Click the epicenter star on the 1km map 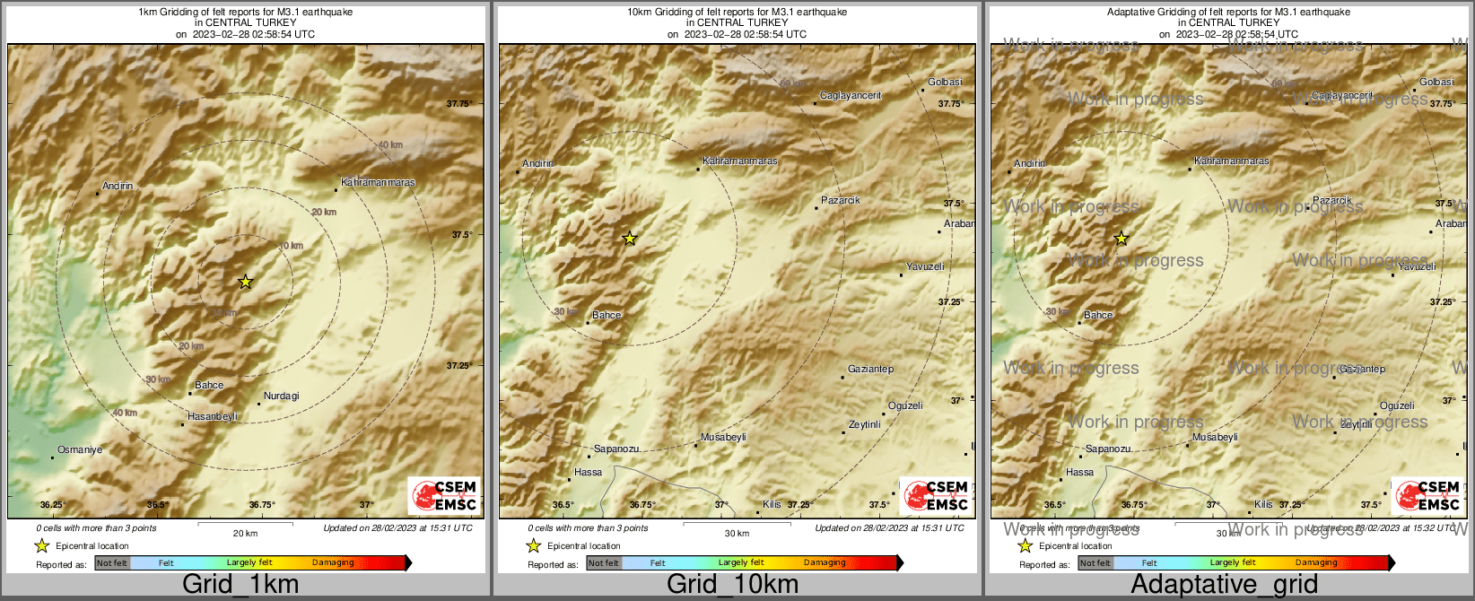[245, 282]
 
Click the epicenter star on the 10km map [630, 238]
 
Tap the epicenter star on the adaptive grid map [1122, 238]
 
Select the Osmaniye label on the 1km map [80, 449]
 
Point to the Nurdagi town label [282, 396]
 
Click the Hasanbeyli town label [213, 416]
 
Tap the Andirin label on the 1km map [118, 186]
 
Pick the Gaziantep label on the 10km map [870, 369]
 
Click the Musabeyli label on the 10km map [723, 437]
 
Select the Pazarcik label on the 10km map [841, 200]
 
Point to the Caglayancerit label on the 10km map [851, 95]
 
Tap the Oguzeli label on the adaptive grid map [1397, 405]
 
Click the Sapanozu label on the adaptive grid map [1108, 449]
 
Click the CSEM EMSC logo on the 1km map [444, 495]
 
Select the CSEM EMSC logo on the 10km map [936, 495]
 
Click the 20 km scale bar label [245, 533]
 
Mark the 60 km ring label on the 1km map [390, 144]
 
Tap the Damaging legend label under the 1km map [333, 562]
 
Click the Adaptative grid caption [1224, 584]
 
